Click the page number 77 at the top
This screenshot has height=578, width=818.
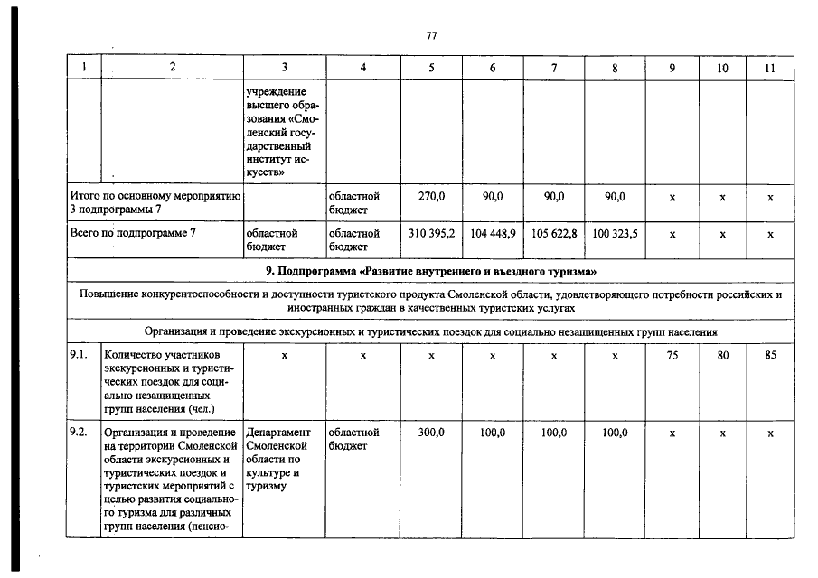tap(431, 35)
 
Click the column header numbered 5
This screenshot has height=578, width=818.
tap(431, 68)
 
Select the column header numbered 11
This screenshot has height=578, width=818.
tap(770, 68)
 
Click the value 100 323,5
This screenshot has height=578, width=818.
tap(615, 233)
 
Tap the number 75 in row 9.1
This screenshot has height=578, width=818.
tap(672, 355)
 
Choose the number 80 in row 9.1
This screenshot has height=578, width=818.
tap(722, 355)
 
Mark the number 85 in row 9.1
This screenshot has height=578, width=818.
tap(770, 355)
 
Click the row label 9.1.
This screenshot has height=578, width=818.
tap(79, 355)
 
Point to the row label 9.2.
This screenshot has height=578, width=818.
tap(79, 433)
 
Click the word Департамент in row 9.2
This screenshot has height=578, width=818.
tap(277, 433)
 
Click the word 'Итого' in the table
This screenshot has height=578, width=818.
tap(86, 196)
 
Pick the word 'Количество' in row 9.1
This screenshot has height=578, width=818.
tap(132, 355)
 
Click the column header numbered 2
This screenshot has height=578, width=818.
tap(172, 68)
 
